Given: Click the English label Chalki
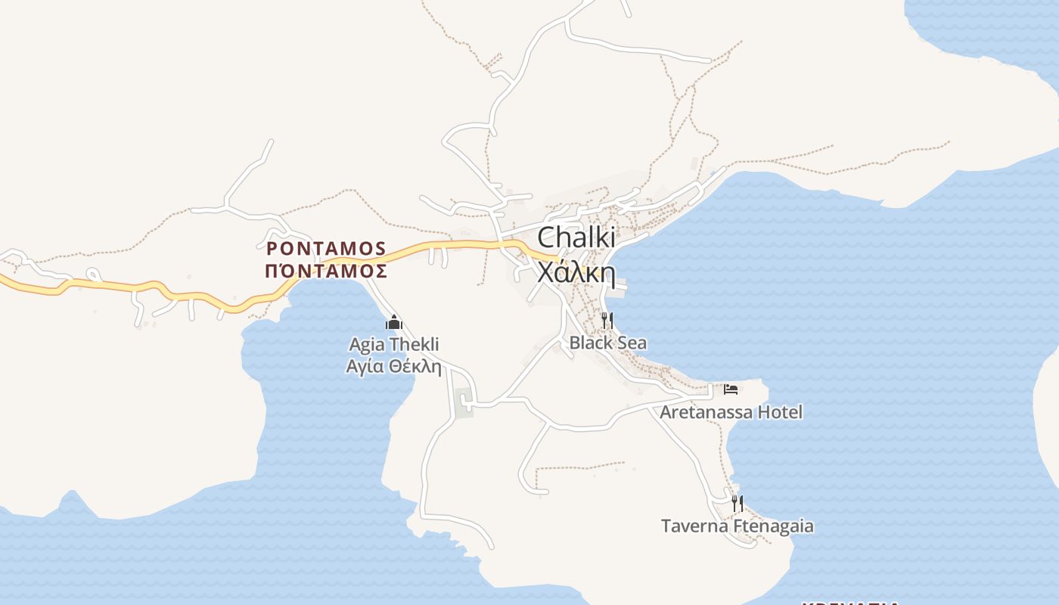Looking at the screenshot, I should tap(576, 237).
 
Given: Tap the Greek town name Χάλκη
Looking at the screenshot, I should tap(576, 271).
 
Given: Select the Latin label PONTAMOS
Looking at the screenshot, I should tap(326, 248).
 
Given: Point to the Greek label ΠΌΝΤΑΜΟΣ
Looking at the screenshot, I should tap(326, 271).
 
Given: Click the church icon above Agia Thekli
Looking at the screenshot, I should tap(393, 323).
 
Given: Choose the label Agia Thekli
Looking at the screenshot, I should tap(393, 345).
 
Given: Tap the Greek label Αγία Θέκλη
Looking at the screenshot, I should tap(393, 367).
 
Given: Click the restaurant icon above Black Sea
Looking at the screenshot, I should tap(607, 321).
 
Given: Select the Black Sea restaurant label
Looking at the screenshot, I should tap(607, 343).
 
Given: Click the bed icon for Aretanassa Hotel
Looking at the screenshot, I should tap(730, 389).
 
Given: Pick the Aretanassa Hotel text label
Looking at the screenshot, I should tap(731, 412).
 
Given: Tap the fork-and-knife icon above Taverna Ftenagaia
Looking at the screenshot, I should tap(737, 503).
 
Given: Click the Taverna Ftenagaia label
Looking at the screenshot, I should tap(737, 526).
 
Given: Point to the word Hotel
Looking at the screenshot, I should tap(780, 412).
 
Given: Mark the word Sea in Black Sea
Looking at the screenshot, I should tap(632, 343).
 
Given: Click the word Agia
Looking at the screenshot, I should tap(366, 345).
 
